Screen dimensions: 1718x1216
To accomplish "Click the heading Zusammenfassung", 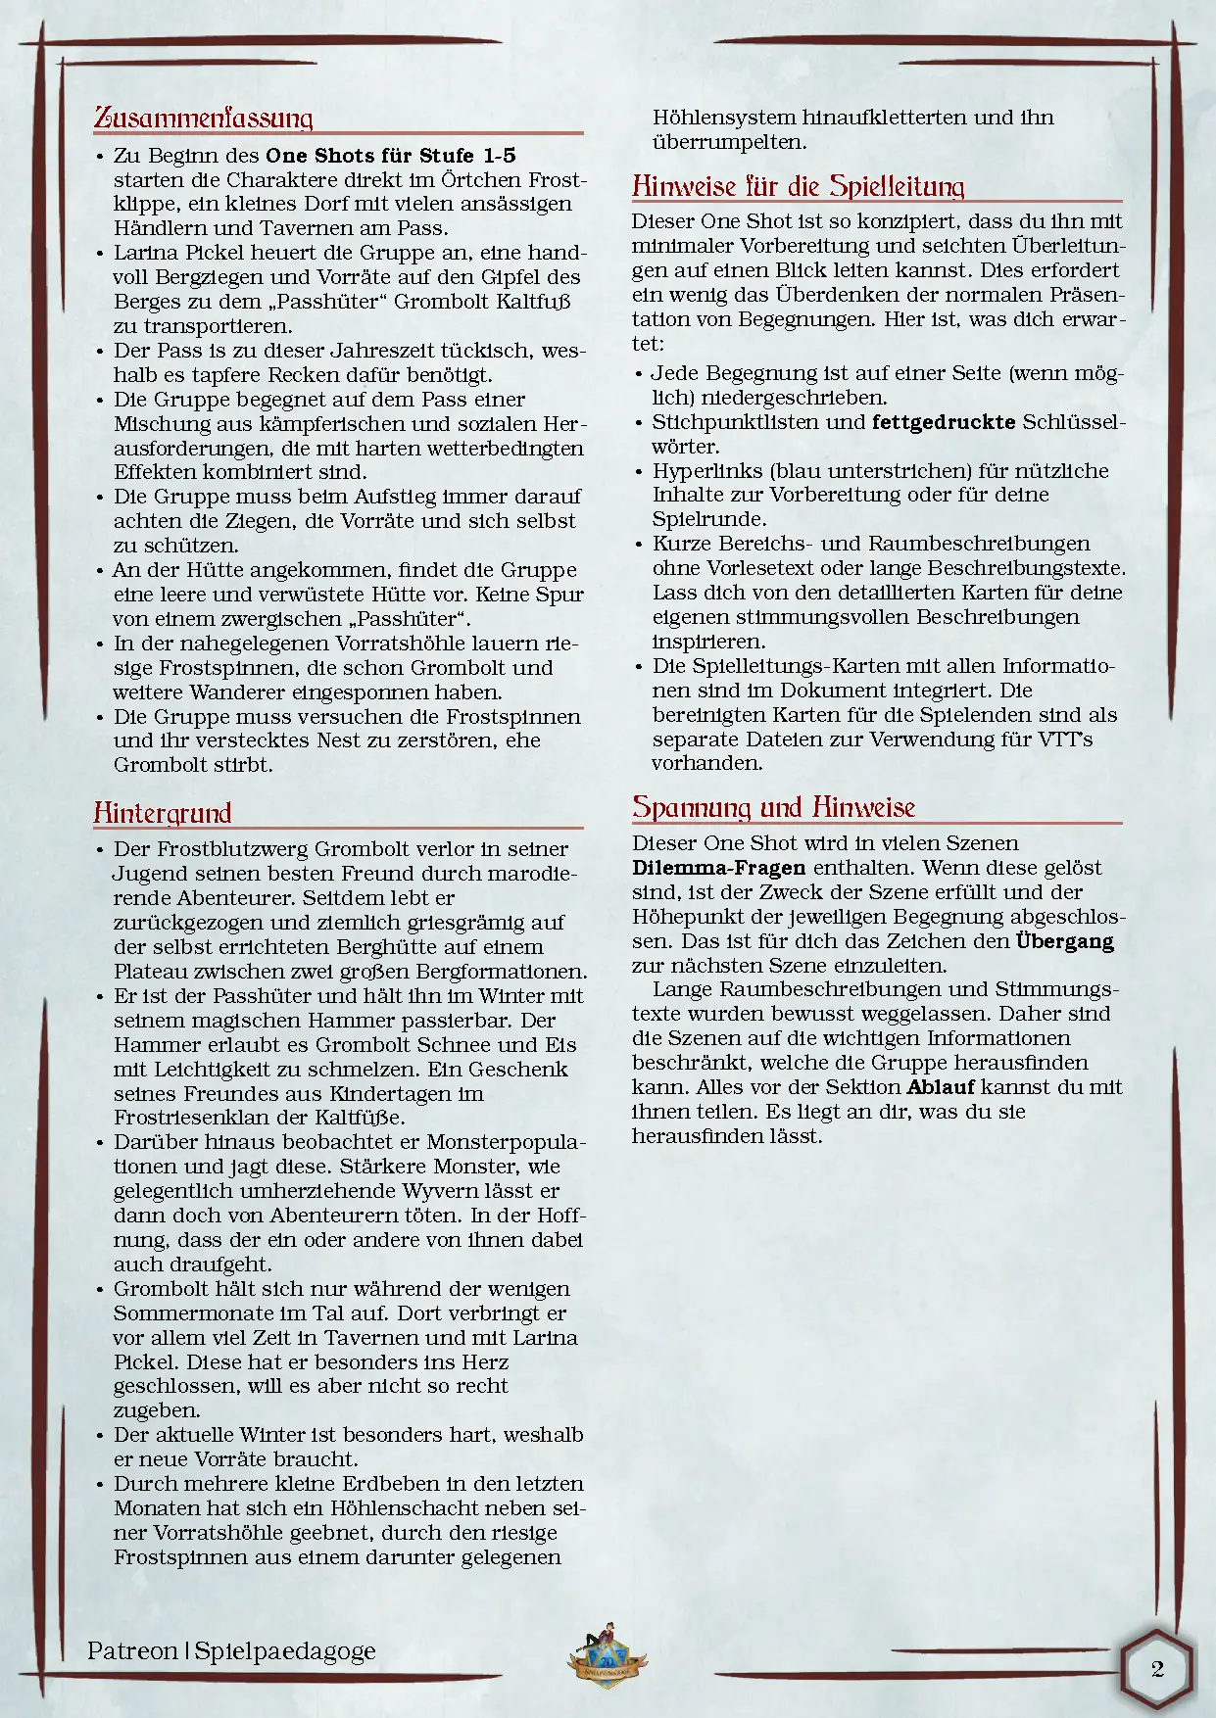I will pos(203,119).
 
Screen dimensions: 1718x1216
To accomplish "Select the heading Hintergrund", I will pos(163,813).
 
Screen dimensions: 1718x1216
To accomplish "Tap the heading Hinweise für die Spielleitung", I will pos(798,186).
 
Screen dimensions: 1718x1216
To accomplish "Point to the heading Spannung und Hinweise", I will pos(773,807).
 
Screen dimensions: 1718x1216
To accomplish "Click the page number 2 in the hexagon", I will pos(1157,1669).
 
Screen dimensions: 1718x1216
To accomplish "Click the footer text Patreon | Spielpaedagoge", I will pos(231,1650).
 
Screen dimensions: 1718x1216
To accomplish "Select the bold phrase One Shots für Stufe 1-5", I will pos(391,156).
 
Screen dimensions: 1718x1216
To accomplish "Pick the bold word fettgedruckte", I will pos(943,422).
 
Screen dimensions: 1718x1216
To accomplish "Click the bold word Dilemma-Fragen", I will pos(718,868).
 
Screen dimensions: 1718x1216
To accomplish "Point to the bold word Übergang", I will pos(1064,941).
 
